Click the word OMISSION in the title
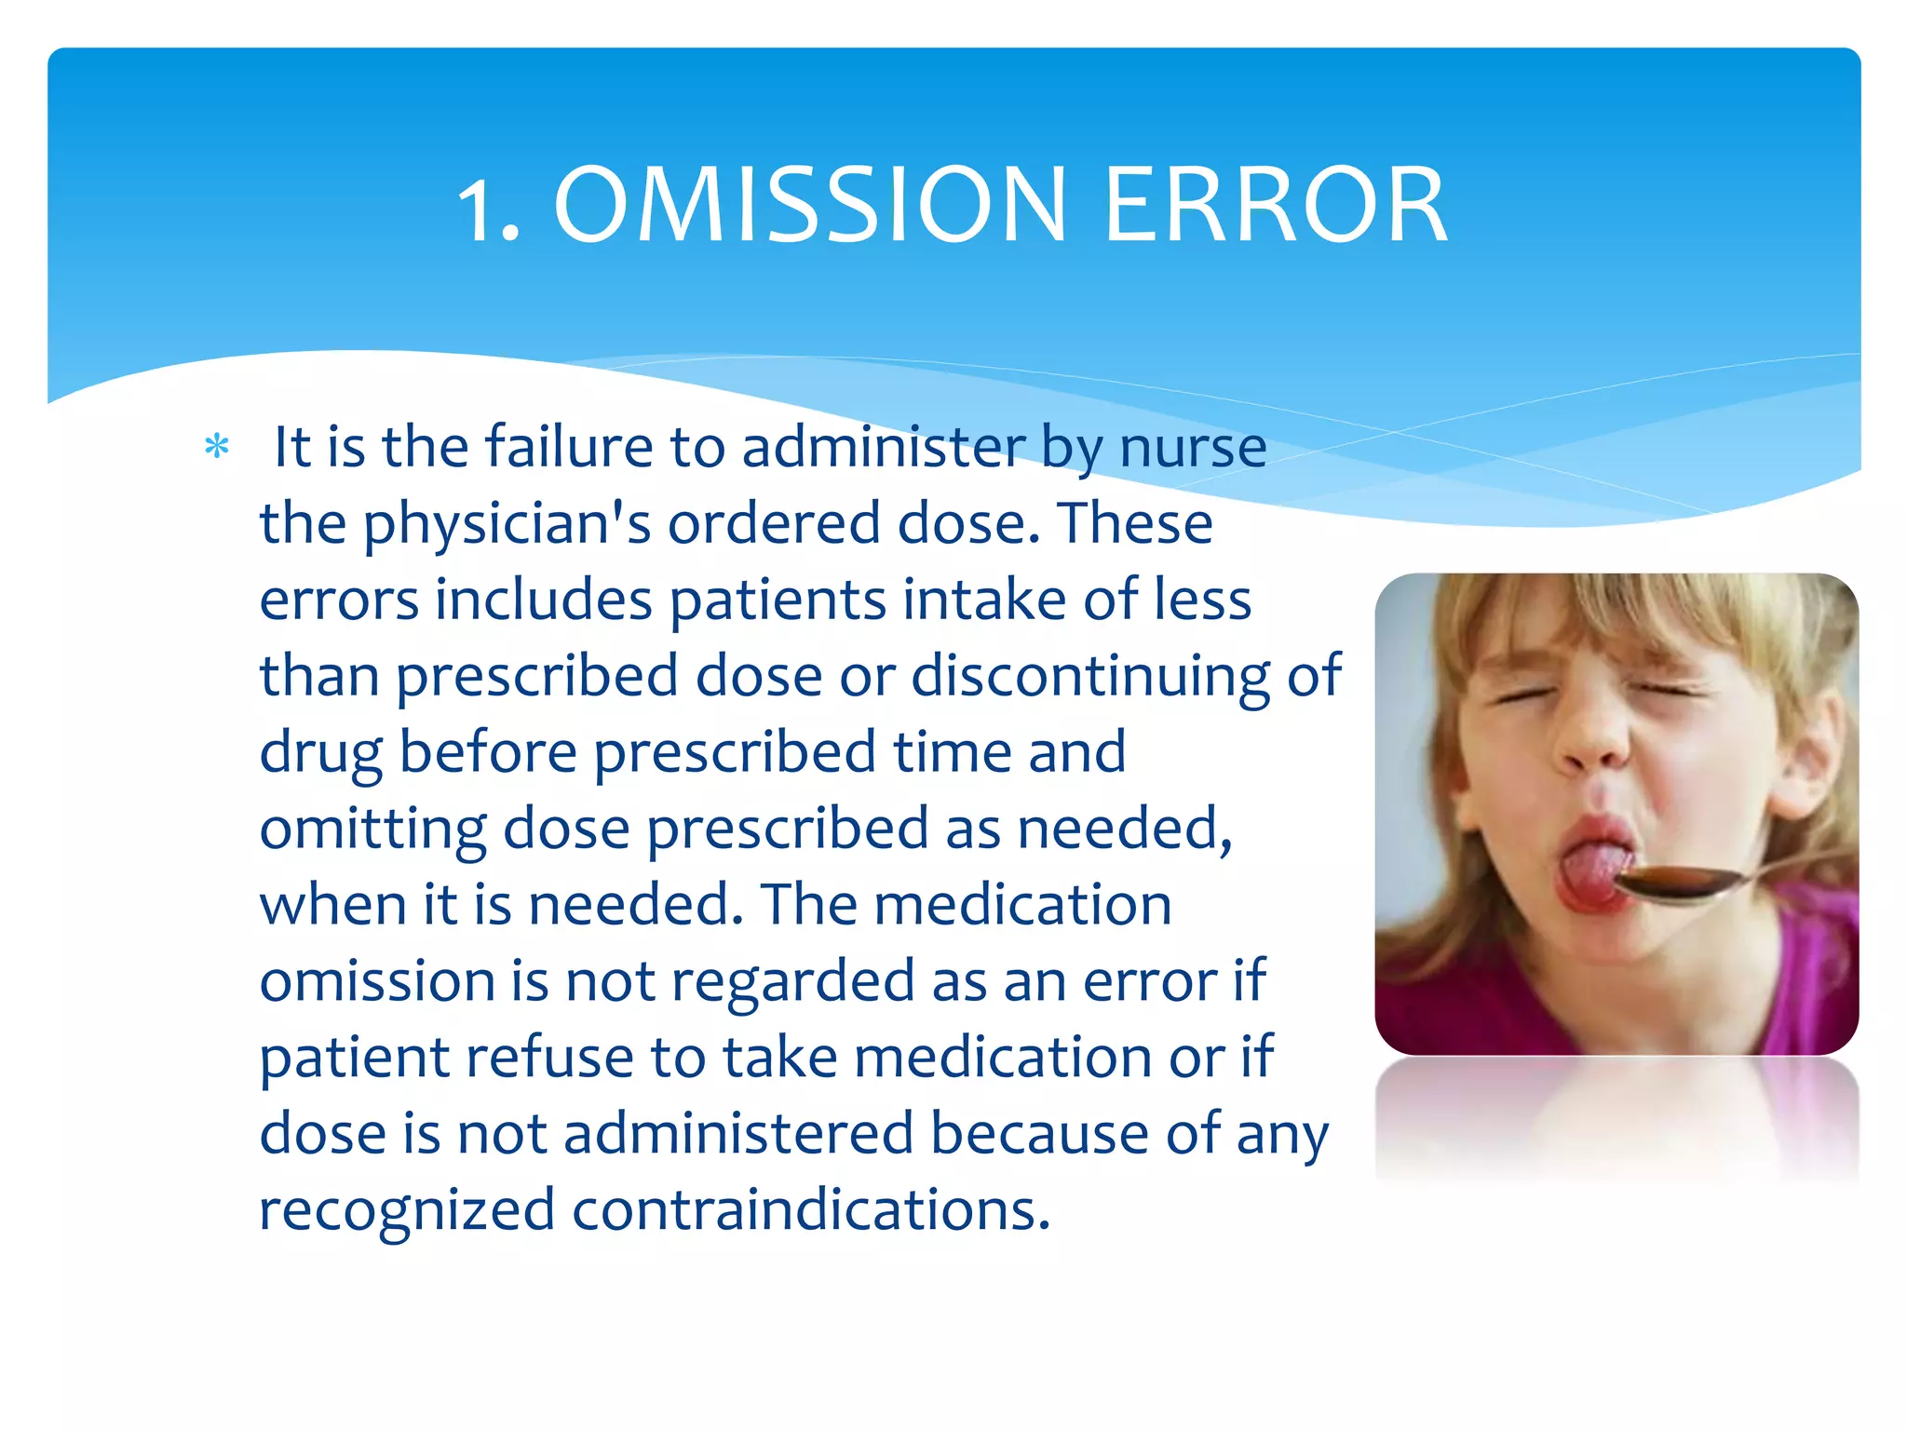(809, 206)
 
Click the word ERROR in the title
(1275, 206)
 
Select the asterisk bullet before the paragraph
(217, 448)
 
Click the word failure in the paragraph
(569, 447)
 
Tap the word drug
(320, 753)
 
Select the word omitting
(372, 829)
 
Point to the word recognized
(406, 1210)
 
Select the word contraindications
(810, 1210)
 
